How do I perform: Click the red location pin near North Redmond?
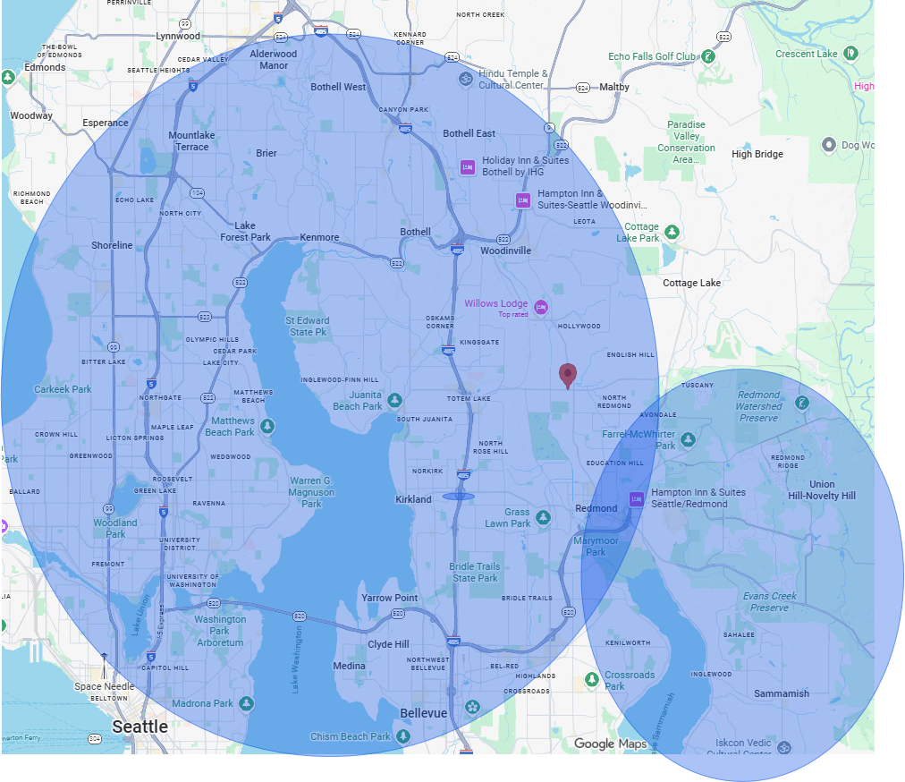pos(567,376)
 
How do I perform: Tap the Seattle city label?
pos(140,727)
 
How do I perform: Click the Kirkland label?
pos(413,499)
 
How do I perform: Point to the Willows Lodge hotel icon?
pos(540,308)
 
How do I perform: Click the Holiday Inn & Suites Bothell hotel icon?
pos(466,166)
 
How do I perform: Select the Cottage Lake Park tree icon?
pos(672,233)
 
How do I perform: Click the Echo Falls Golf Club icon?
pos(708,56)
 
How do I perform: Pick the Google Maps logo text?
pos(610,744)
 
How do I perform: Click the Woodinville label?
pos(505,251)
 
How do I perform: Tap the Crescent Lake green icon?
pos(852,54)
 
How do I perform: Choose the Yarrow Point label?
pos(389,598)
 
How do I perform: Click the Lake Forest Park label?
pos(245,232)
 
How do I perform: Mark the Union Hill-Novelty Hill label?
pos(822,490)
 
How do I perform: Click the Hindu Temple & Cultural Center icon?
pos(464,80)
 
